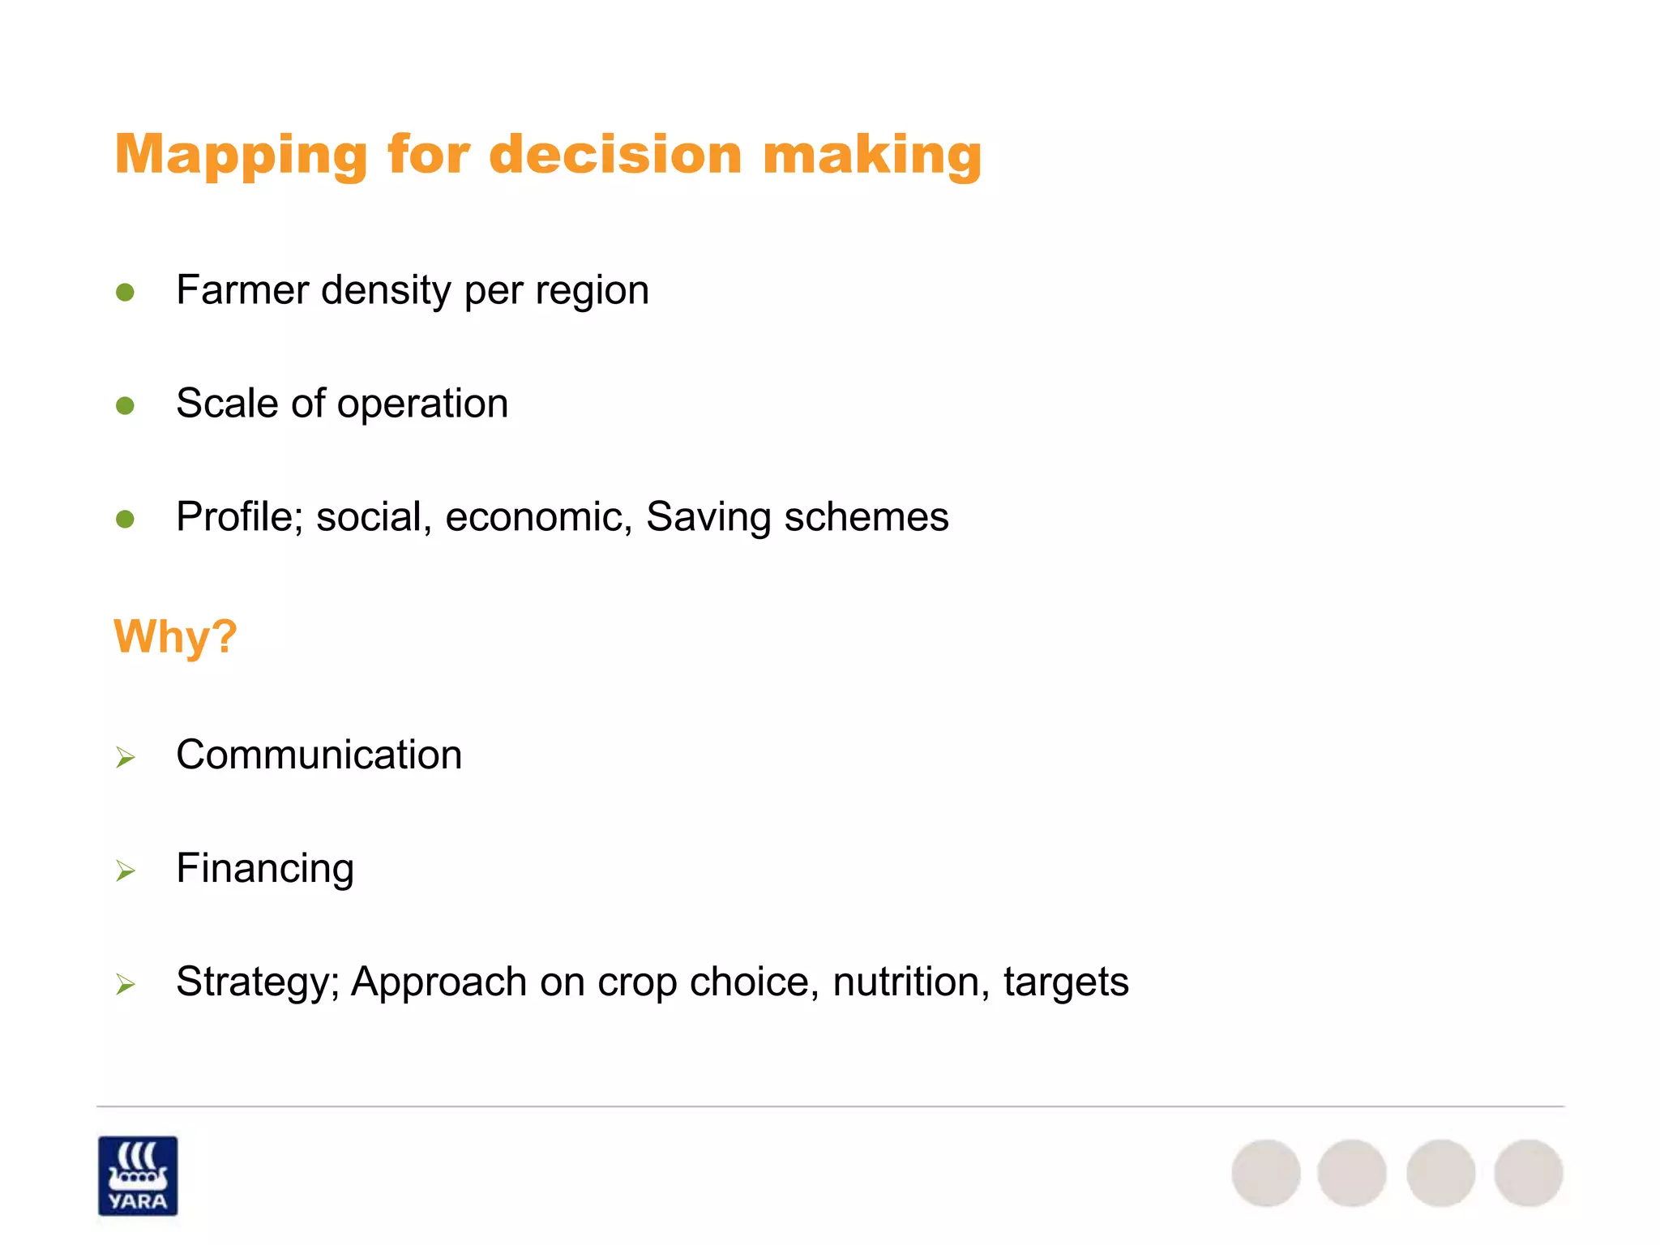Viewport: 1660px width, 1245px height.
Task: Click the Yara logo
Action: click(138, 1175)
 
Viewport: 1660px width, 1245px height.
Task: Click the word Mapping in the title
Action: click(241, 154)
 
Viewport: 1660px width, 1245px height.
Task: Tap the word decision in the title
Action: click(615, 154)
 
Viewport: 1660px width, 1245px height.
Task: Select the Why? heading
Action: click(175, 636)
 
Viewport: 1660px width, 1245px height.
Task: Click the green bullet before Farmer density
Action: click(125, 292)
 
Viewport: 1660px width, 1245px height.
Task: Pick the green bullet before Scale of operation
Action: click(125, 405)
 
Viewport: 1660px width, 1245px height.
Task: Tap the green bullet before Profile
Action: click(125, 519)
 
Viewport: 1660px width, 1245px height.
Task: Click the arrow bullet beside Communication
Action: click(125, 757)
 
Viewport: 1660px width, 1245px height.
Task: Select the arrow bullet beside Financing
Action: click(125, 871)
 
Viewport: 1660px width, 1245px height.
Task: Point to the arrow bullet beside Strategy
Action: click(125, 984)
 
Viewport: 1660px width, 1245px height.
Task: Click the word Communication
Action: click(319, 755)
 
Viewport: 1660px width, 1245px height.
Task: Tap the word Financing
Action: click(265, 869)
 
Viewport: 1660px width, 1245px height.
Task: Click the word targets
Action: click(1065, 982)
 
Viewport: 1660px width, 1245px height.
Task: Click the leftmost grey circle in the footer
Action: click(1265, 1173)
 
